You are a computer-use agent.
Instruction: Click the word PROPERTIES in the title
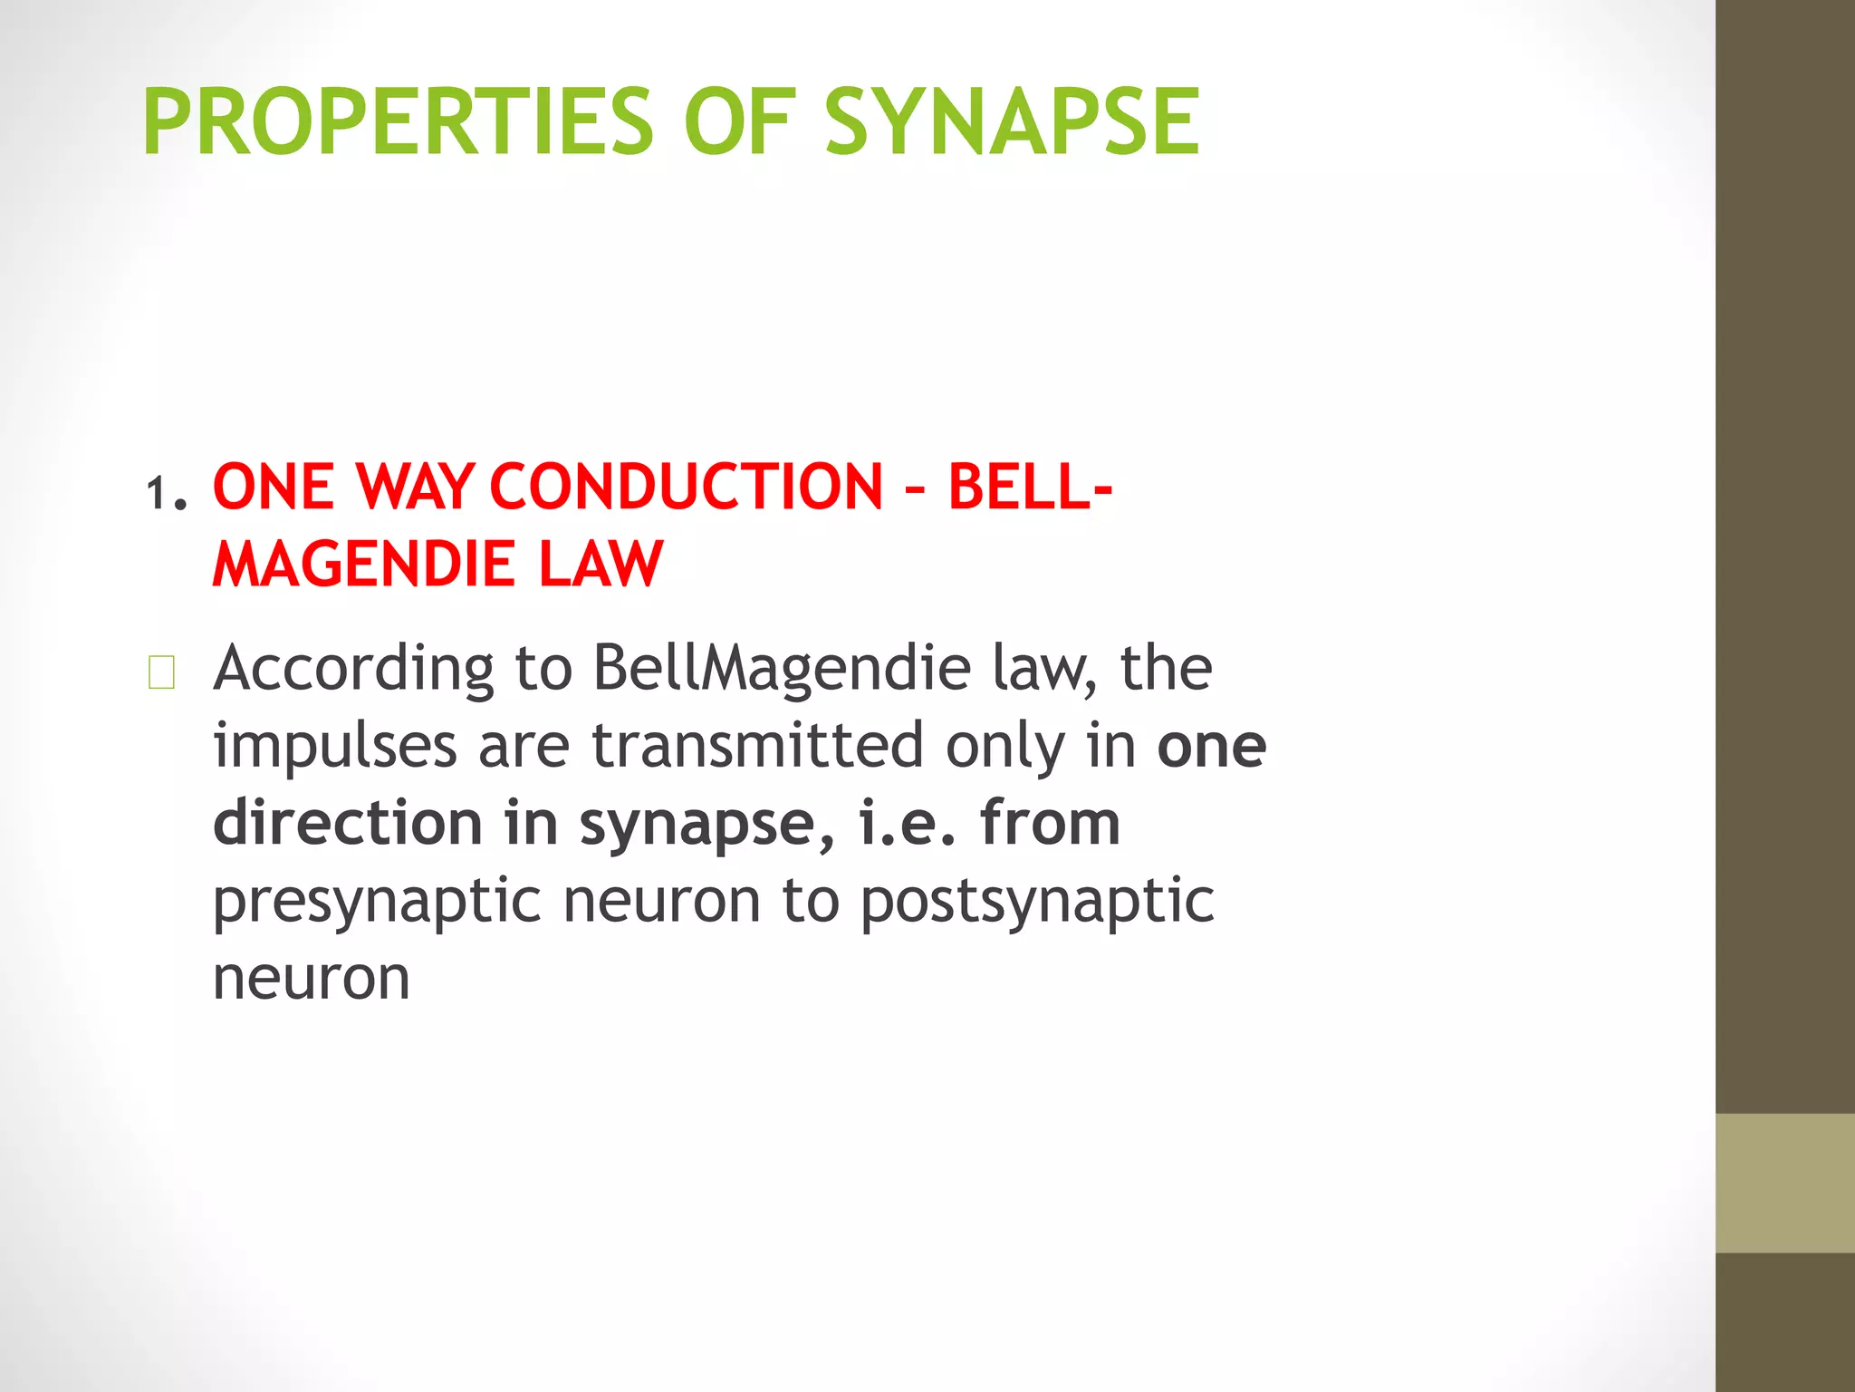point(397,121)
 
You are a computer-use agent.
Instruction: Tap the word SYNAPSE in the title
point(1012,121)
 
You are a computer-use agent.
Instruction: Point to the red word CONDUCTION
point(686,487)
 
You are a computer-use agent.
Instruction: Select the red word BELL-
point(1030,487)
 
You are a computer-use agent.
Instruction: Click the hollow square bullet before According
point(161,673)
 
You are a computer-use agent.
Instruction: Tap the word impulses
point(334,747)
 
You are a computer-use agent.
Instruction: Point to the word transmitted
point(758,747)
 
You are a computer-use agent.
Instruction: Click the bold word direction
point(348,824)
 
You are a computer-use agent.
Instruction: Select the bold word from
point(1050,824)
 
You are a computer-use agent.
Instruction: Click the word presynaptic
point(377,902)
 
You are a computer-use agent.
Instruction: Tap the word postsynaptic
point(1036,902)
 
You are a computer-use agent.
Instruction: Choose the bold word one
point(1211,747)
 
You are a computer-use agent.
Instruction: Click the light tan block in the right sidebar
point(1784,1183)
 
